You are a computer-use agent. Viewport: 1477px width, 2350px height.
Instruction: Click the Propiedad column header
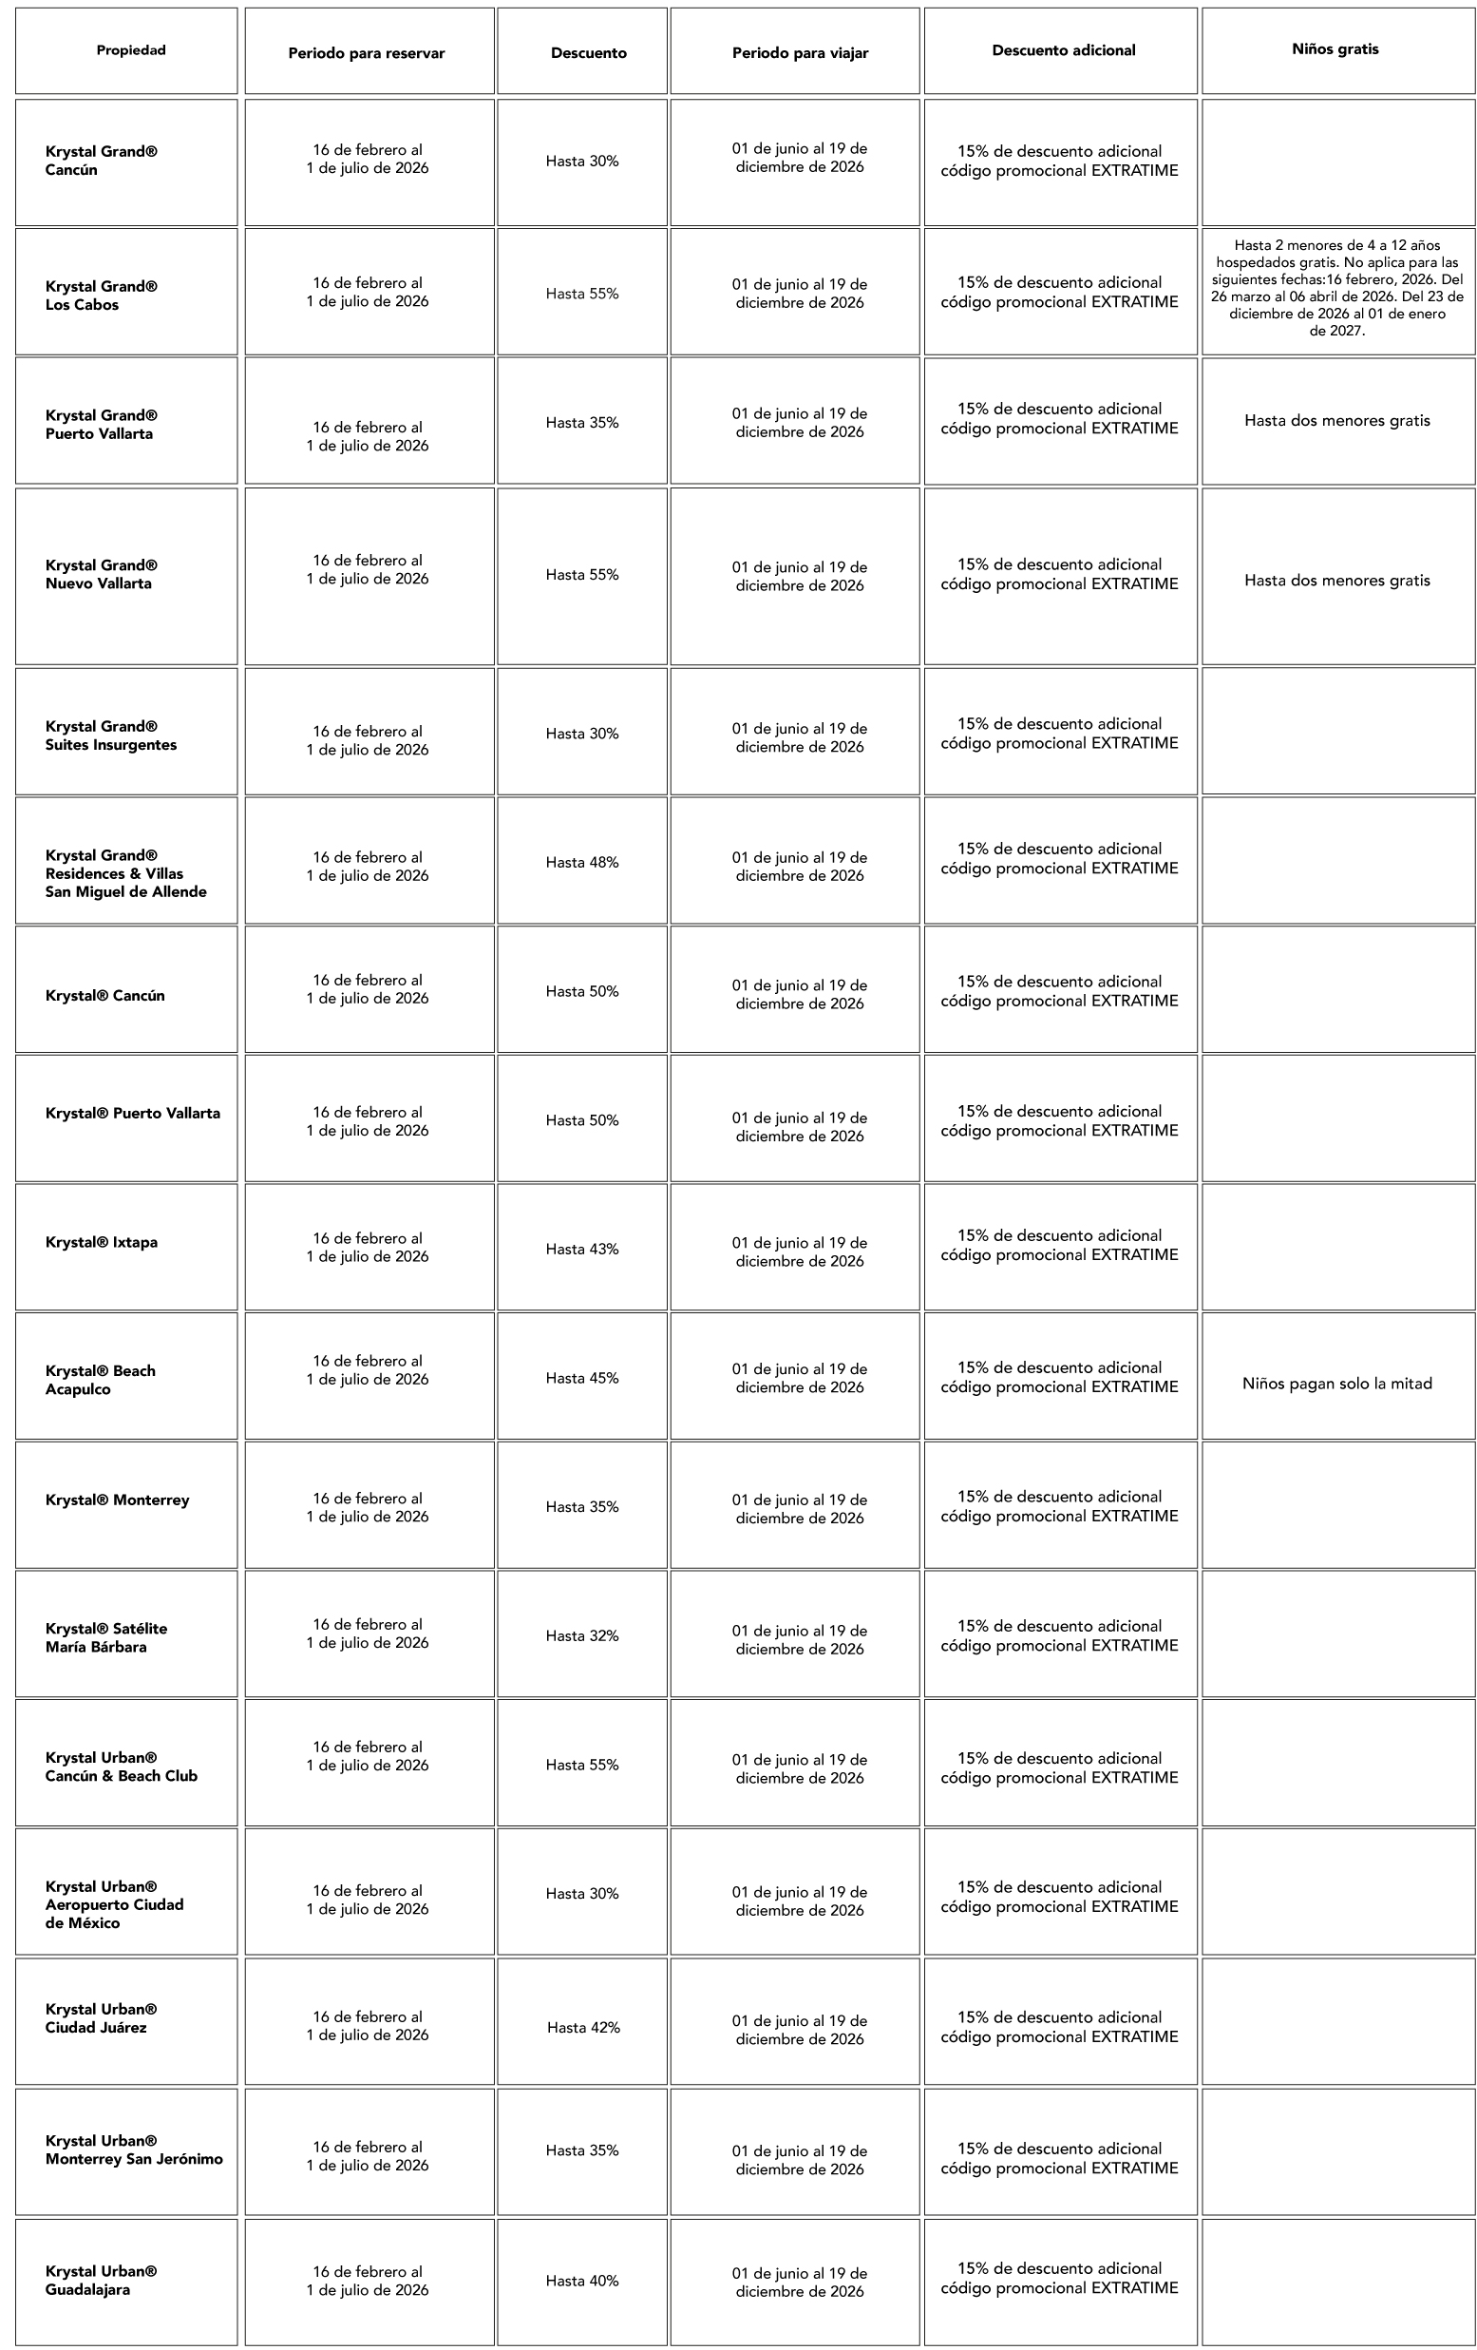pyautogui.click(x=131, y=50)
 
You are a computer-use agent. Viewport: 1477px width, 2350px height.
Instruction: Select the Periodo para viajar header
pyautogui.click(x=800, y=52)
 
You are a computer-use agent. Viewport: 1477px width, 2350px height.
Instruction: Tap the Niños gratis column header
pyautogui.click(x=1335, y=49)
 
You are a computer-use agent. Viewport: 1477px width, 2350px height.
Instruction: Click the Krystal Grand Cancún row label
pyautogui.click(x=102, y=161)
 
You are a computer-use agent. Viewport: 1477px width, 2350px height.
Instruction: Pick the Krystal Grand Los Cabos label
pyautogui.click(x=102, y=296)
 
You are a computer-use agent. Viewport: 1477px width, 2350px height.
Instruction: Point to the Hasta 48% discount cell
pyautogui.click(x=581, y=863)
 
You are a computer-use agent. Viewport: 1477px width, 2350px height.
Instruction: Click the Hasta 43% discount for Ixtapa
pyautogui.click(x=581, y=1250)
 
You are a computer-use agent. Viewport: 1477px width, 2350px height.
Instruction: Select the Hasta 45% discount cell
pyautogui.click(x=581, y=1378)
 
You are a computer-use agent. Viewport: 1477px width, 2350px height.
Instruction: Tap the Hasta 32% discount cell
pyautogui.click(x=581, y=1635)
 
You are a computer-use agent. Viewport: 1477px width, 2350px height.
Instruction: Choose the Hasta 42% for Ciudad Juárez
pyautogui.click(x=583, y=2027)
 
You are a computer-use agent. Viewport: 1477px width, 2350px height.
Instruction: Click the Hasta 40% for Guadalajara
pyautogui.click(x=581, y=2281)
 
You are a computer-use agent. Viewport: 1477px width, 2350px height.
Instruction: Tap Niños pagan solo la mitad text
pyautogui.click(x=1336, y=1384)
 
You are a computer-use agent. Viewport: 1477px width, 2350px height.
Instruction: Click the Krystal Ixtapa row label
pyautogui.click(x=102, y=1242)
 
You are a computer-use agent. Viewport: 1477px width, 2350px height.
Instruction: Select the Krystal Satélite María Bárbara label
pyautogui.click(x=106, y=1637)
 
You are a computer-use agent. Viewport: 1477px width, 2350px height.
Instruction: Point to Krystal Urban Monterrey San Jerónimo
pyautogui.click(x=134, y=2149)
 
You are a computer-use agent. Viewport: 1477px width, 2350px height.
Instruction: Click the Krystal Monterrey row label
pyautogui.click(x=117, y=1500)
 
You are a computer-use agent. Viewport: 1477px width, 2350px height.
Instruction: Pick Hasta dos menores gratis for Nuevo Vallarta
pyautogui.click(x=1336, y=581)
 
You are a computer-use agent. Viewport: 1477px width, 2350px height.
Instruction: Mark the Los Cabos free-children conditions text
pyautogui.click(x=1336, y=288)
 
